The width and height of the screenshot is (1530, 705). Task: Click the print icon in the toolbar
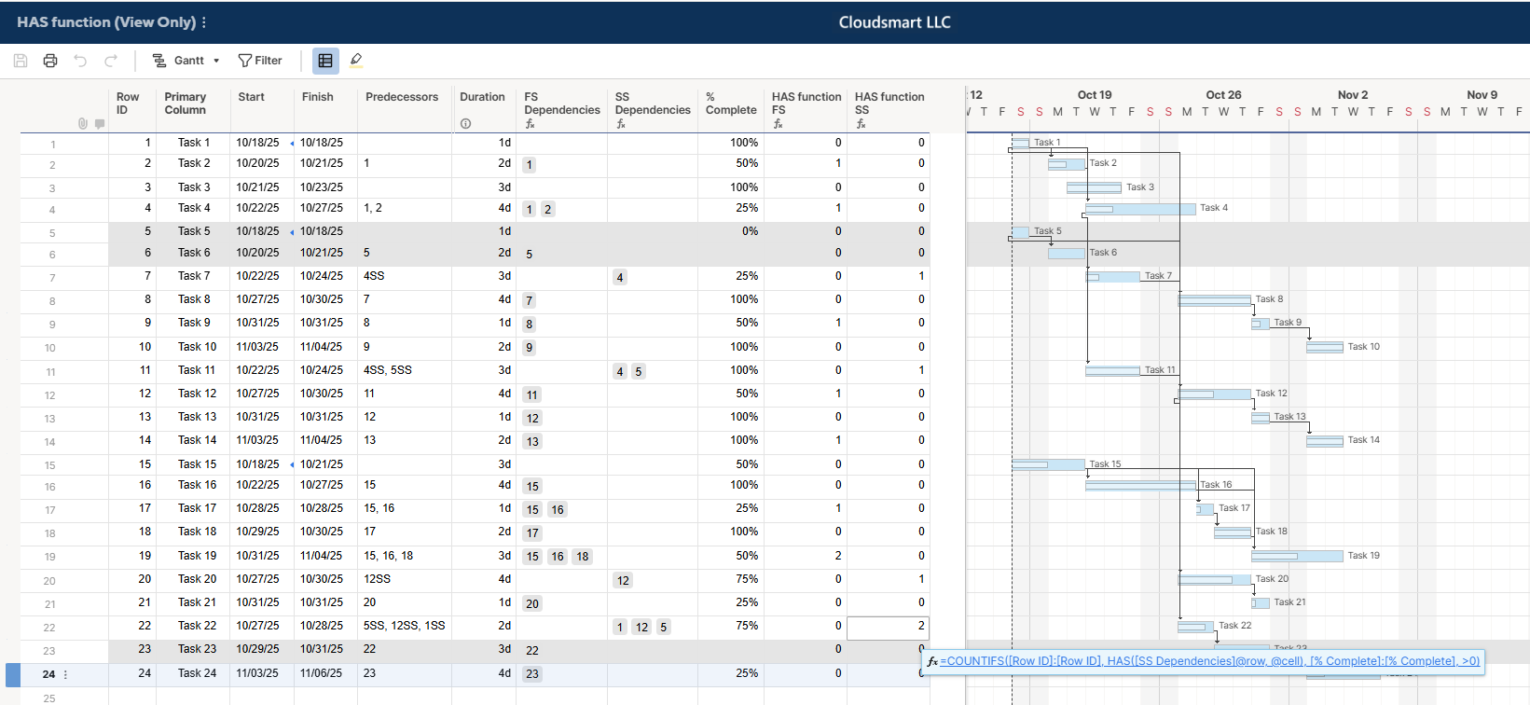(50, 61)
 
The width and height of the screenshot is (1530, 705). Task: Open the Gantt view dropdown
(186, 61)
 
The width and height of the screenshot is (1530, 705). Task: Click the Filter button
(260, 61)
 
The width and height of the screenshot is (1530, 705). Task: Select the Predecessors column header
(401, 97)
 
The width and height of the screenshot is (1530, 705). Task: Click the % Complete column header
(730, 104)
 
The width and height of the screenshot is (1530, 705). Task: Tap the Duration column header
(482, 97)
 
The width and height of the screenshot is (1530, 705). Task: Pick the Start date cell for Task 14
(257, 440)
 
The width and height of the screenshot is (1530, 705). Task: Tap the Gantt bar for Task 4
(1139, 209)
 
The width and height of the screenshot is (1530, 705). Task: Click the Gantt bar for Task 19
(1297, 556)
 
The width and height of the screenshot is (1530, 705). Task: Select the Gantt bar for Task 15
(1048, 464)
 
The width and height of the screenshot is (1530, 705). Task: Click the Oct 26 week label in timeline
(1223, 95)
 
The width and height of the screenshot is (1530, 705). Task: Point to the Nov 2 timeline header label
(1352, 95)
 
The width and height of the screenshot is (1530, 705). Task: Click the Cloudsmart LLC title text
(894, 22)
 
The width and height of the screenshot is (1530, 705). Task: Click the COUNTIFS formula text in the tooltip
(1209, 661)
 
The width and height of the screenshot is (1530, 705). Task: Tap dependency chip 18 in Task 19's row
(582, 557)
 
